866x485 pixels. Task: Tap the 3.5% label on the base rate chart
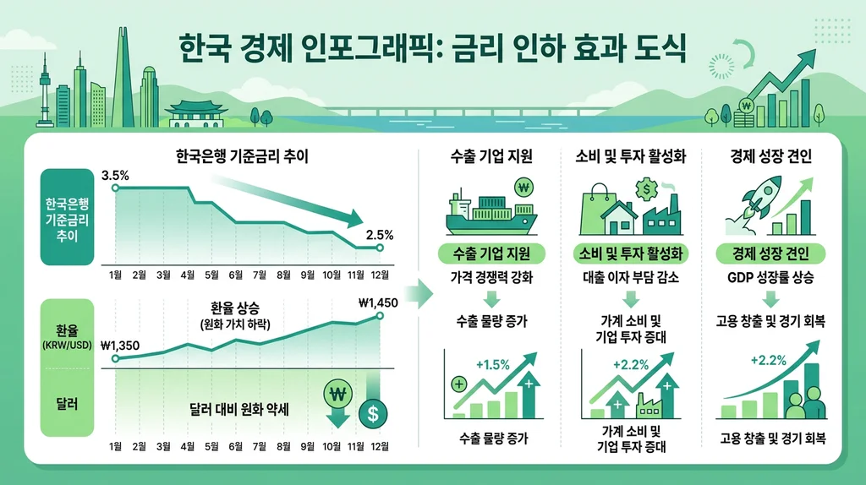(114, 176)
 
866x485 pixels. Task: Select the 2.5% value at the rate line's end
(379, 234)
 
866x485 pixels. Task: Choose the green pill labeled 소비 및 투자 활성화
(630, 253)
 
